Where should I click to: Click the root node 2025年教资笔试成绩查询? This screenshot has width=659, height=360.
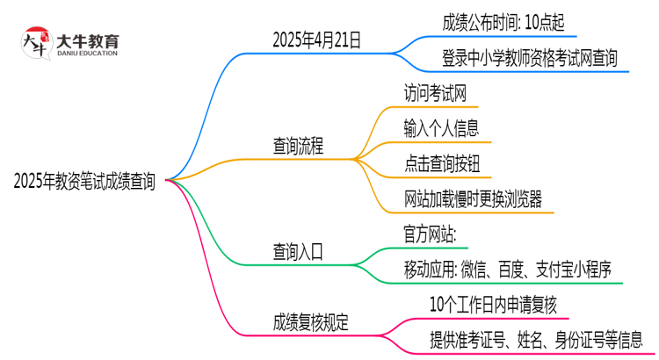[85, 182]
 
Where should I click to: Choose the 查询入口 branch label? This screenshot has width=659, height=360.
[298, 251]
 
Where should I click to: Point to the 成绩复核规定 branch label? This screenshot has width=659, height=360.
[310, 322]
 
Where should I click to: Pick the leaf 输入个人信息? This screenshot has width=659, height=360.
[441, 128]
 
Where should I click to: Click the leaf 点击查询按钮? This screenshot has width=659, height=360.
[441, 163]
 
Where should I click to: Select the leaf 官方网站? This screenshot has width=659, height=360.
[428, 234]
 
